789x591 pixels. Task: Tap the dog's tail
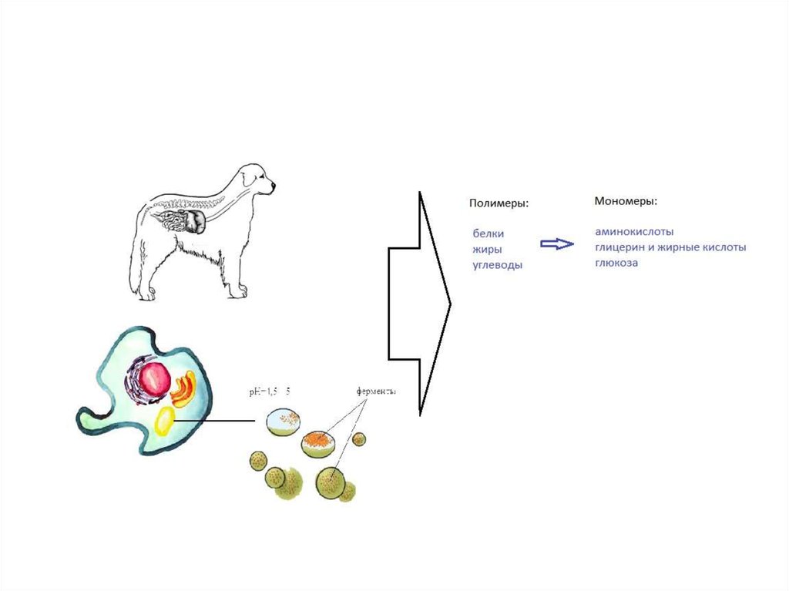(137, 254)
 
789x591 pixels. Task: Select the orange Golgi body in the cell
(183, 389)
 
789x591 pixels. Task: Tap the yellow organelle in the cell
(164, 421)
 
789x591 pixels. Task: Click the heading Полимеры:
(499, 203)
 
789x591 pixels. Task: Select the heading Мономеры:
(626, 201)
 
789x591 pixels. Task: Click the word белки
(489, 233)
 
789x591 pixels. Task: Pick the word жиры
(488, 249)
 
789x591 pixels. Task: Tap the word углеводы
(498, 265)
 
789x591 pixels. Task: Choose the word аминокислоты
(634, 231)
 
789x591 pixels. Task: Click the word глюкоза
(616, 263)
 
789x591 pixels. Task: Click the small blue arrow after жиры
(556, 244)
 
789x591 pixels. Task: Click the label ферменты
(376, 391)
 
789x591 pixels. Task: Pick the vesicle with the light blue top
(284, 421)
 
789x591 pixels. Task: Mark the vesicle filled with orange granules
(317, 444)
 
